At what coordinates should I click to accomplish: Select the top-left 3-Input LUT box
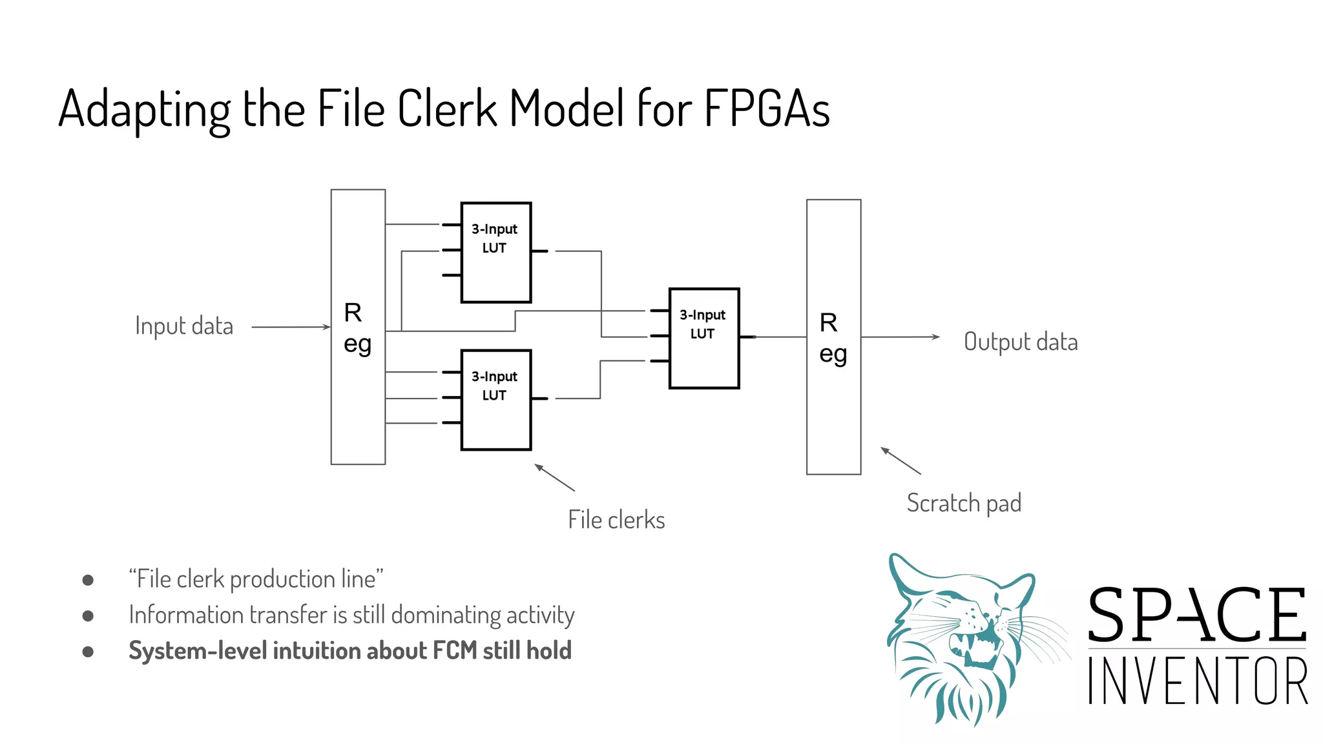pyautogui.click(x=495, y=253)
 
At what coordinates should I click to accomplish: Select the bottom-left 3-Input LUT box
pyautogui.click(x=495, y=400)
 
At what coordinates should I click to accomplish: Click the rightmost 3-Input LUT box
pyautogui.click(x=703, y=338)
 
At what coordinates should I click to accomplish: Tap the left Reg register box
pyautogui.click(x=358, y=327)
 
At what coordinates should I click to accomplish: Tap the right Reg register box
pyautogui.click(x=833, y=337)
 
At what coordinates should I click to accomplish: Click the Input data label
pyautogui.click(x=184, y=326)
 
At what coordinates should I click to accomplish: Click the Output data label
pyautogui.click(x=1021, y=342)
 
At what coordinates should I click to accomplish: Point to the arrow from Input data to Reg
pyautogui.click(x=291, y=327)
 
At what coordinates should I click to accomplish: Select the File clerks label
pyautogui.click(x=616, y=520)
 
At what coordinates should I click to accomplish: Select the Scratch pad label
pyautogui.click(x=964, y=503)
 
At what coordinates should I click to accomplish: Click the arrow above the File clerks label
pyautogui.click(x=554, y=477)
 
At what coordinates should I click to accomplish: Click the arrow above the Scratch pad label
pyautogui.click(x=901, y=460)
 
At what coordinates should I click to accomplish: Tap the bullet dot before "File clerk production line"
pyautogui.click(x=88, y=580)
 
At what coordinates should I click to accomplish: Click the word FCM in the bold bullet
pyautogui.click(x=455, y=650)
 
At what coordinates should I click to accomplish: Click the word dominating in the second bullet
pyautogui.click(x=446, y=615)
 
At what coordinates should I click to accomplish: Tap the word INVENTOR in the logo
pyautogui.click(x=1198, y=681)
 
